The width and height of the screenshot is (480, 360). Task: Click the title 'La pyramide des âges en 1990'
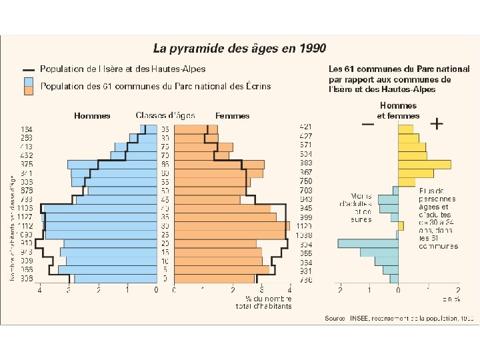pos(240,48)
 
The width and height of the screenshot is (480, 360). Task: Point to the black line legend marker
pos(28,69)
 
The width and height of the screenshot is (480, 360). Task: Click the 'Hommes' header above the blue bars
pos(92,116)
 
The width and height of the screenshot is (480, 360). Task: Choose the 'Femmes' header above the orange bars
pos(233,116)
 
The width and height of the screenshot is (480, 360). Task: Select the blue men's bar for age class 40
pos(100,208)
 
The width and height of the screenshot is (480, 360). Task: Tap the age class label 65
pos(165,164)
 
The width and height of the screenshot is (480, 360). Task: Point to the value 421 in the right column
pos(305,127)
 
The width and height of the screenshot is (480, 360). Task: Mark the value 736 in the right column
pos(305,279)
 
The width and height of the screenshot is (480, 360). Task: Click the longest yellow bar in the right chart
pos(424,164)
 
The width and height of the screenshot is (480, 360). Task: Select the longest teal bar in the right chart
pos(368,243)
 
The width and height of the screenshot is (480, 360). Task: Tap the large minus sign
pos(367,124)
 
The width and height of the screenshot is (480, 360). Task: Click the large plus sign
pos(437,124)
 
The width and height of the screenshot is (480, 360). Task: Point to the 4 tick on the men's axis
pos(40,290)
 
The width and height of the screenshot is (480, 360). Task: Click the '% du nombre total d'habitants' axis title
pos(263,303)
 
